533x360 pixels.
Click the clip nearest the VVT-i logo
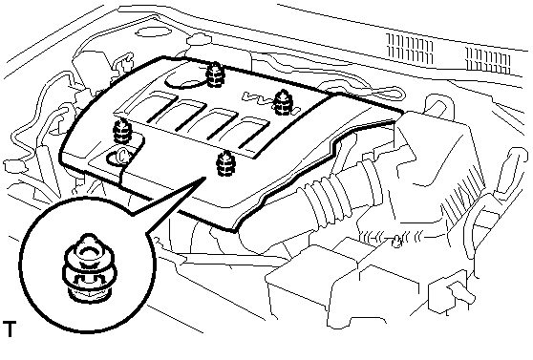click(x=283, y=102)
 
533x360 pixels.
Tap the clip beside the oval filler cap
click(x=215, y=74)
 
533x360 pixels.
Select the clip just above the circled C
click(x=122, y=131)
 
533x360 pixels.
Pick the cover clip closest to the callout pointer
click(x=225, y=164)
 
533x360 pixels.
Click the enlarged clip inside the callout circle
click(x=90, y=267)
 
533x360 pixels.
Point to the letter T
click(x=10, y=328)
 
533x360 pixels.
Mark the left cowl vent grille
click(x=411, y=50)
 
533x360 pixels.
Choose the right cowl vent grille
click(x=488, y=60)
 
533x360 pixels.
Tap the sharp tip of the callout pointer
click(x=205, y=177)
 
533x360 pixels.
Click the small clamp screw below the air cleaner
click(x=397, y=242)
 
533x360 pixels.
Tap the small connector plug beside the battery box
click(x=452, y=292)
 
